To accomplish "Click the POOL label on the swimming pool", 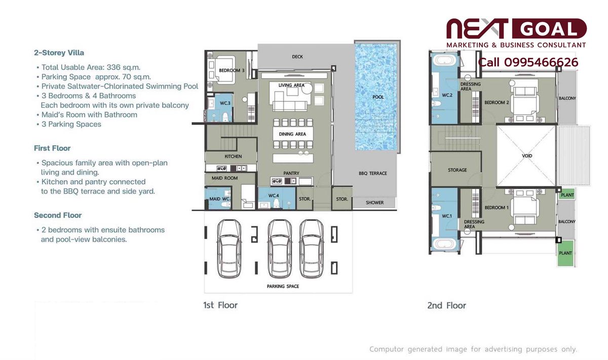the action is (378, 97).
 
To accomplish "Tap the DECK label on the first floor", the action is (297, 57).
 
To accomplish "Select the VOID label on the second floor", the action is (527, 156).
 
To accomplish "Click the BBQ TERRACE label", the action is (373, 173).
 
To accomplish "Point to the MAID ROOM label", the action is (224, 178).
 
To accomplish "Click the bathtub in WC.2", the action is (444, 60).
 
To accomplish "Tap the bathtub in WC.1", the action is (444, 243).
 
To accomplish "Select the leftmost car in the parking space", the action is (229, 249).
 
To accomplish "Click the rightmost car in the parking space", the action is (311, 249).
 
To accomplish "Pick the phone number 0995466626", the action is (541, 62).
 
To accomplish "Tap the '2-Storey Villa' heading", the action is (59, 53).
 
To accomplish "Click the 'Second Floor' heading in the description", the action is (58, 215).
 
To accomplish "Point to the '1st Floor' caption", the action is (220, 305).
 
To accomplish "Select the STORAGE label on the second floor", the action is (458, 170).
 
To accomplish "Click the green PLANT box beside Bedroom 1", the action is (567, 195).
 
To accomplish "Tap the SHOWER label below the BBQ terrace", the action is (374, 203).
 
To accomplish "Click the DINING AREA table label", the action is (292, 134).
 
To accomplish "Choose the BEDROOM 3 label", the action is (232, 70).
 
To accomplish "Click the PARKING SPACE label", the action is (283, 286).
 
